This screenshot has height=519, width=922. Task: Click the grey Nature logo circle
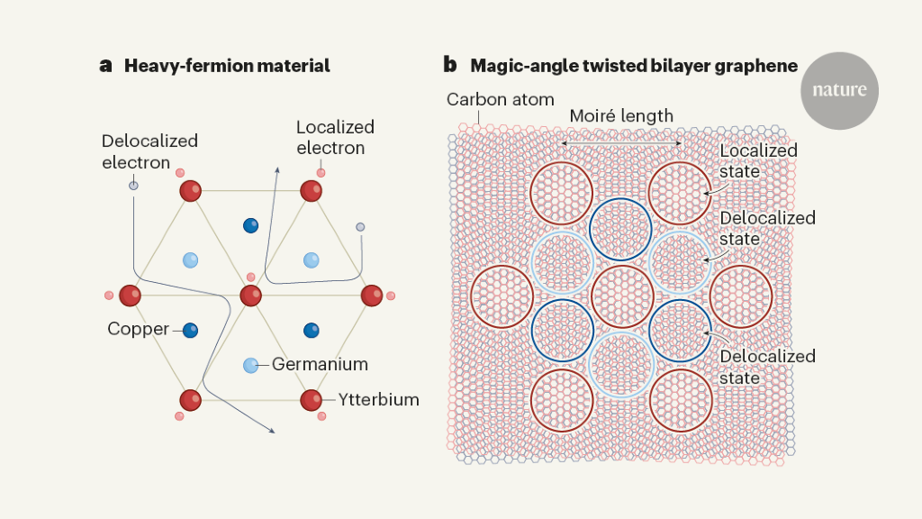click(x=839, y=90)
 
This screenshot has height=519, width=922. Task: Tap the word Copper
click(x=138, y=330)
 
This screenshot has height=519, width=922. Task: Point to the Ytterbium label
click(x=379, y=398)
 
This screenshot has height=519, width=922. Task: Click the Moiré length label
click(x=621, y=116)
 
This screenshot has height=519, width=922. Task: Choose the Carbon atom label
click(x=501, y=99)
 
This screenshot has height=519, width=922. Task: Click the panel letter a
click(x=105, y=66)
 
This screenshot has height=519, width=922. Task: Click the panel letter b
click(x=449, y=66)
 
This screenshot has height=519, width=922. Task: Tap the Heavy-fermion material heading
click(x=227, y=66)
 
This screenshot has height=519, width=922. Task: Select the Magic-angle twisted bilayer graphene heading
click(x=633, y=66)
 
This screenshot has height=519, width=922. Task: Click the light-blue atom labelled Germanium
click(x=251, y=365)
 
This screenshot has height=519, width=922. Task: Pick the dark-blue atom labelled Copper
click(x=190, y=330)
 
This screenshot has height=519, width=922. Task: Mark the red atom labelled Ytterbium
click(x=312, y=398)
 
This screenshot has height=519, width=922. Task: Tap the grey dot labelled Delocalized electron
click(x=133, y=186)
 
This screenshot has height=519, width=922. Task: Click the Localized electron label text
click(x=335, y=137)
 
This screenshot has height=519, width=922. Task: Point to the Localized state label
click(x=758, y=160)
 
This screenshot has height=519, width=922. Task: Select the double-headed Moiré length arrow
click(x=621, y=143)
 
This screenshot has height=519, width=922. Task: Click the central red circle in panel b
click(x=622, y=296)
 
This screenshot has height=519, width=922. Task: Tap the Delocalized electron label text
click(x=149, y=151)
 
